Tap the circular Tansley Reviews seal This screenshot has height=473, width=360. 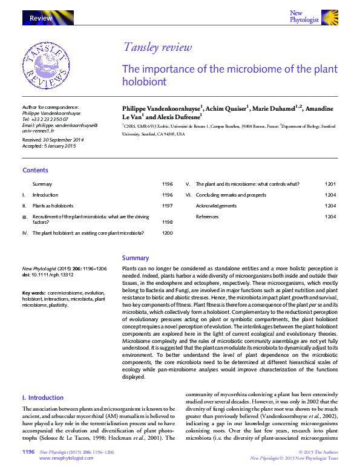click(x=46, y=65)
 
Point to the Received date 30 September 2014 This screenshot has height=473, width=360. click(x=53, y=140)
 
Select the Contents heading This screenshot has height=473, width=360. click(x=35, y=171)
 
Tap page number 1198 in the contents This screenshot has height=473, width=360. click(x=167, y=222)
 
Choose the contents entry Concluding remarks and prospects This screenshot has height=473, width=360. click(x=231, y=195)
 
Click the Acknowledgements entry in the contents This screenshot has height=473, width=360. click(x=216, y=206)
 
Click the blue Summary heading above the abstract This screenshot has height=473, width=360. click(x=136, y=258)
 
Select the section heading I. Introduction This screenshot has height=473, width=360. click(x=42, y=397)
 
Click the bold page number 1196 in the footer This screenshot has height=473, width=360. click(x=28, y=452)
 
